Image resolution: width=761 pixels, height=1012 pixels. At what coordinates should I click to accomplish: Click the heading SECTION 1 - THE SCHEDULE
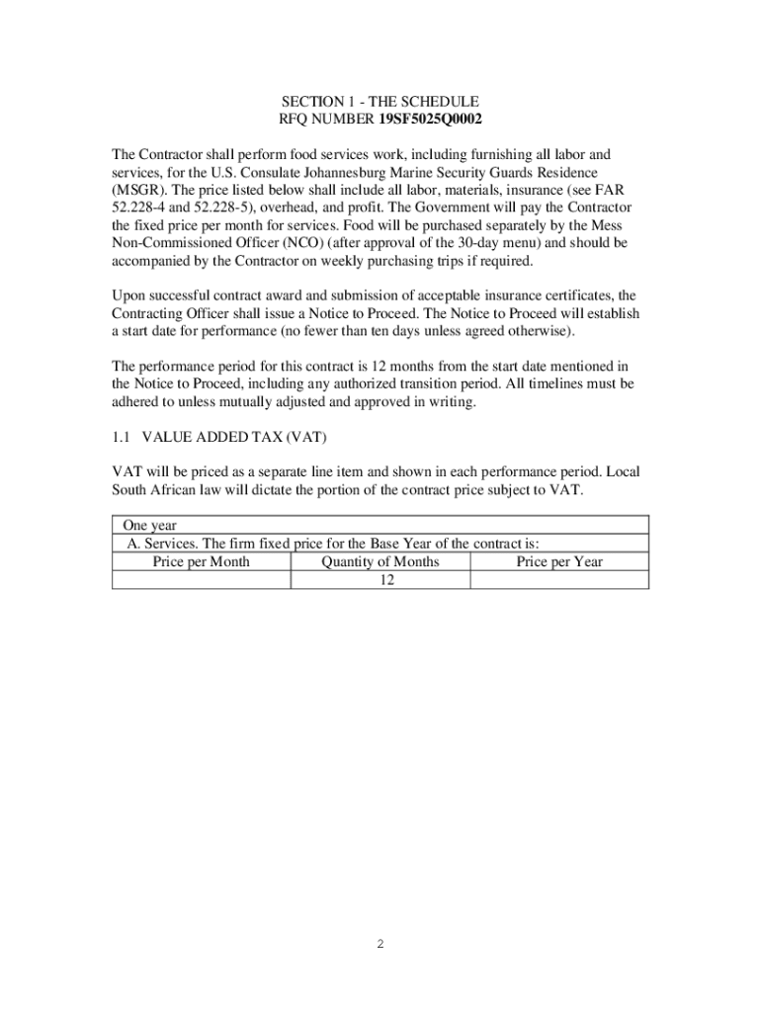pyautogui.click(x=380, y=102)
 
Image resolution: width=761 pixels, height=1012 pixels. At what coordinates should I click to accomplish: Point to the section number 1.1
pyautogui.click(x=122, y=437)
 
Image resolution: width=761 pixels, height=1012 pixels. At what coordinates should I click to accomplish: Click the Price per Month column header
pyautogui.click(x=201, y=561)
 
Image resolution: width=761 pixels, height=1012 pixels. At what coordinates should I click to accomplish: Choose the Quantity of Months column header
pyautogui.click(x=380, y=561)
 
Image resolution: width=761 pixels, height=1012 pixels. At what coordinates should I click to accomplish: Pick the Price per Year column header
pyautogui.click(x=559, y=561)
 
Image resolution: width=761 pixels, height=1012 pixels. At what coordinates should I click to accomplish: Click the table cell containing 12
pyautogui.click(x=380, y=580)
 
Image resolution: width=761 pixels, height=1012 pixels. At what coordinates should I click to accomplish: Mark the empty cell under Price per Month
pyautogui.click(x=201, y=580)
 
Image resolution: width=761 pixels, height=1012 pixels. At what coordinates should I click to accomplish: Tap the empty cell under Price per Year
pyautogui.click(x=559, y=580)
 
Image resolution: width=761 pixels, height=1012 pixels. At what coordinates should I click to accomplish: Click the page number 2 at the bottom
pyautogui.click(x=380, y=944)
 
